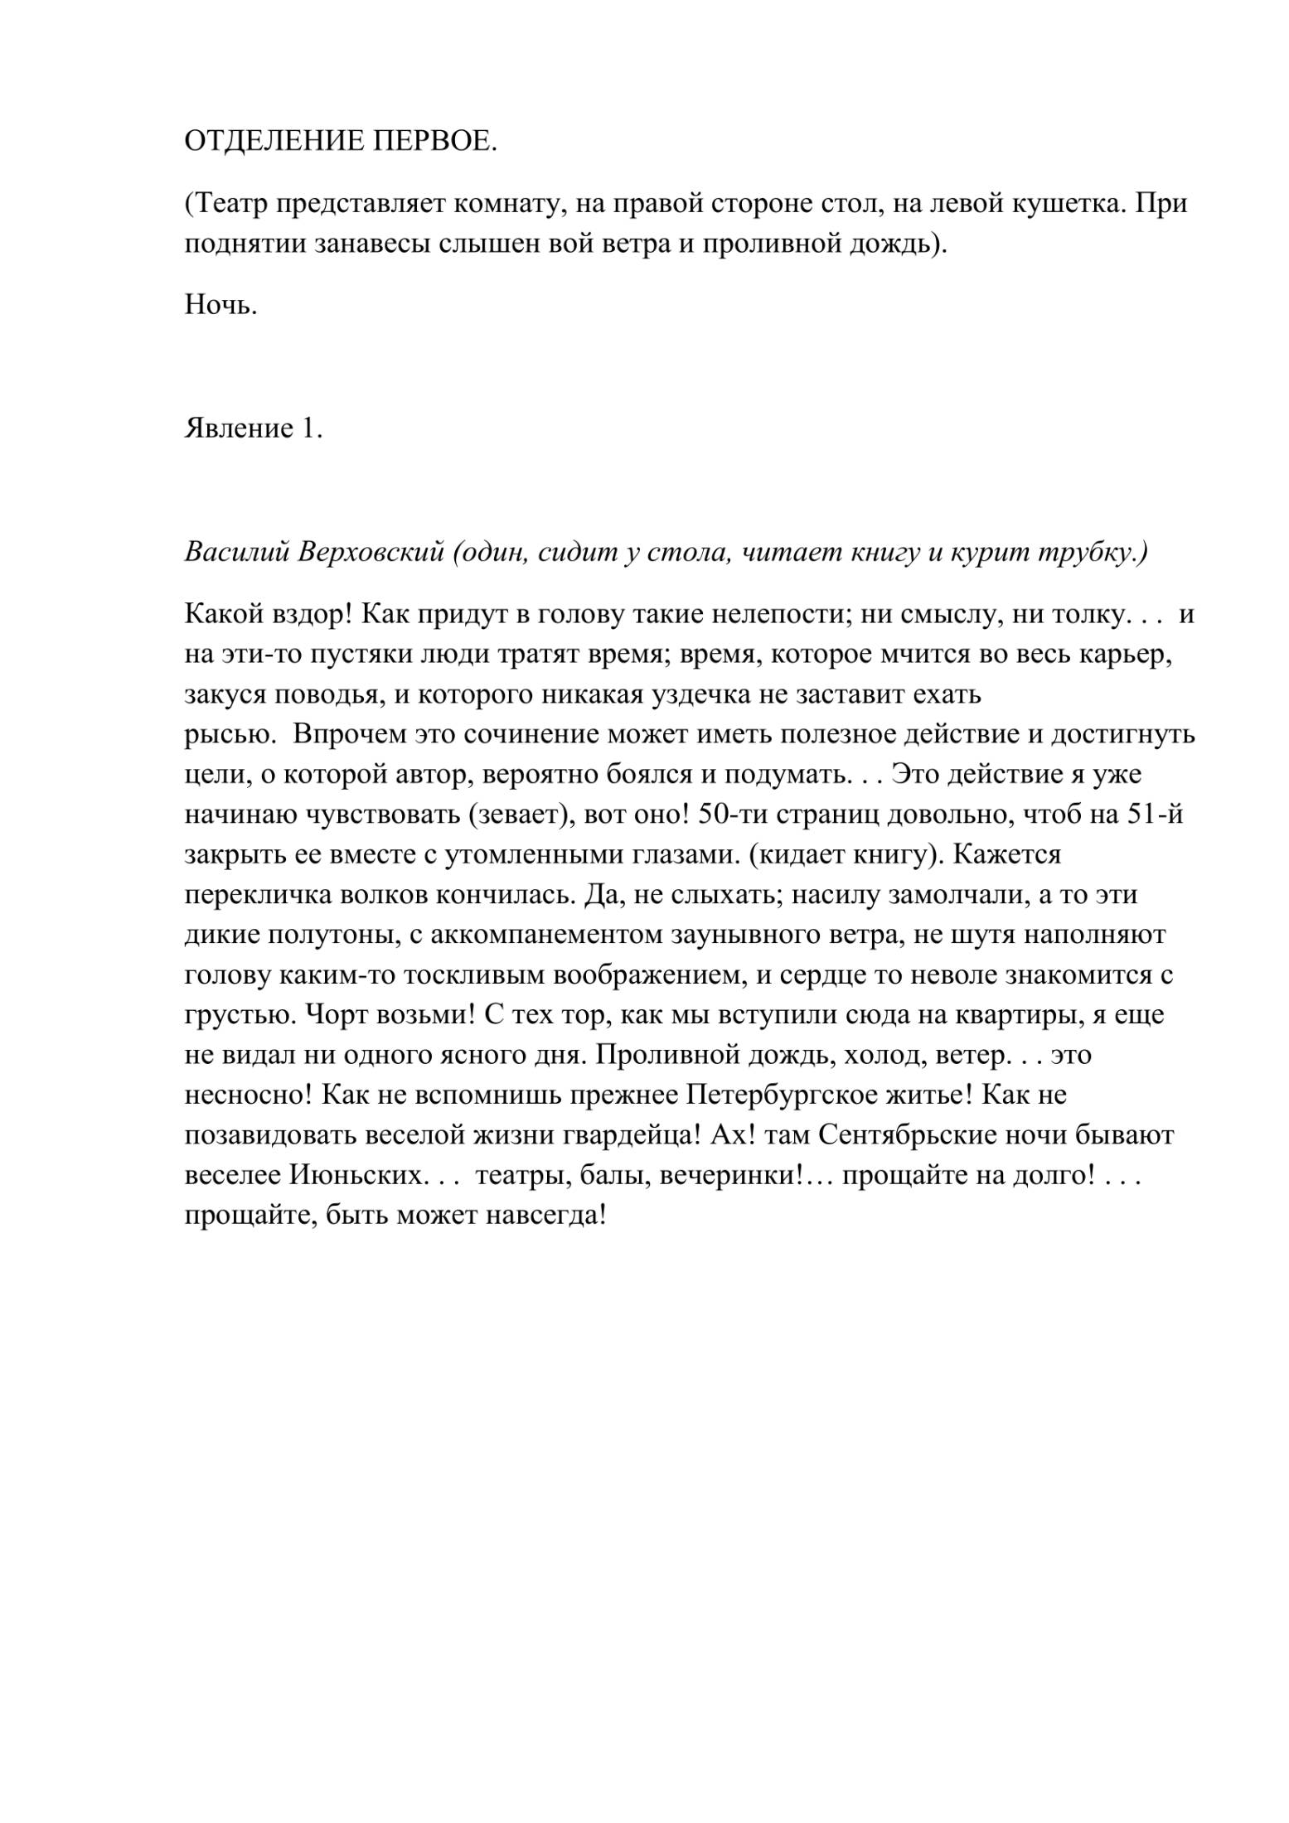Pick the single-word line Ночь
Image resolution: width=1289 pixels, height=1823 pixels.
tap(220, 306)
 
